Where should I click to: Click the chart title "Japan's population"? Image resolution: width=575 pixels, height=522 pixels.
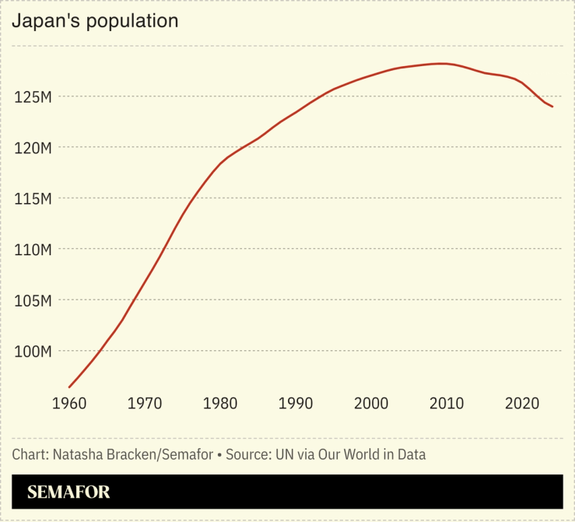coord(95,22)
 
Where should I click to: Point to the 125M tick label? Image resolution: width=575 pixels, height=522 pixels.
coord(33,97)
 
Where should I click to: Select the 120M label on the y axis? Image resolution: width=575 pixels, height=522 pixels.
coord(33,148)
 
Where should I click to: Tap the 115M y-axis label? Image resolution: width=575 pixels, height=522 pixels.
coord(33,199)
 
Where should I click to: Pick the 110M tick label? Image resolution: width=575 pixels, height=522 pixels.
coord(33,250)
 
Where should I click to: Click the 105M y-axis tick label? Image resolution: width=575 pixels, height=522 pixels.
coord(33,300)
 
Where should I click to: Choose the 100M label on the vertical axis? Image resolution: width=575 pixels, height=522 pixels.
coord(33,352)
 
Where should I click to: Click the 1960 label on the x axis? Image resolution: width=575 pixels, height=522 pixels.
coord(69,404)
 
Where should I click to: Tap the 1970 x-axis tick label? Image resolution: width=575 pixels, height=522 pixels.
coord(145,404)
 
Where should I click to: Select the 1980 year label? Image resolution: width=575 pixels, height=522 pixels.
coord(220,404)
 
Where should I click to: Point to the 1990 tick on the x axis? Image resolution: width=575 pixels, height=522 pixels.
coord(296,404)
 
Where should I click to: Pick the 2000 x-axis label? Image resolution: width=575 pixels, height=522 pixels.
coord(371,404)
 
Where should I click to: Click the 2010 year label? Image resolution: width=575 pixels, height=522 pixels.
coord(447,404)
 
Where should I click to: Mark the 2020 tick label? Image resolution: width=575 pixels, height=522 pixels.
coord(522,404)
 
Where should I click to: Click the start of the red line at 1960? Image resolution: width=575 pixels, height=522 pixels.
coord(69,387)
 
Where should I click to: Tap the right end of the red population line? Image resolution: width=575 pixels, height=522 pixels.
coord(552,107)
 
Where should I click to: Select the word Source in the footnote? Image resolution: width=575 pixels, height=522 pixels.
coord(247,454)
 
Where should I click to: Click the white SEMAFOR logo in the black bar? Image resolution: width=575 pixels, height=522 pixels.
coord(68,492)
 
